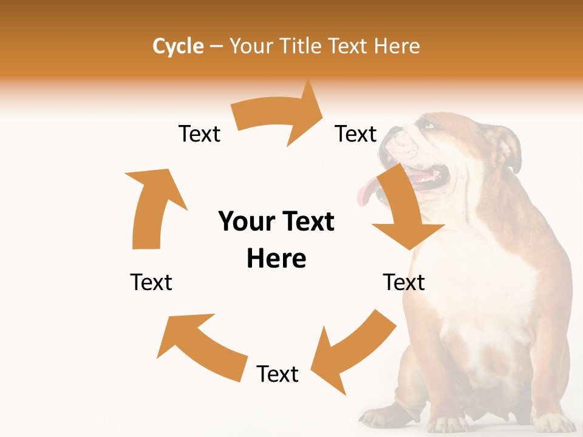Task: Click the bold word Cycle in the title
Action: (178, 46)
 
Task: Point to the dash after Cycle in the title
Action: (216, 47)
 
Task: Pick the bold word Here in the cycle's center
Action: (276, 259)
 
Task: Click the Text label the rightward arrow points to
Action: (356, 134)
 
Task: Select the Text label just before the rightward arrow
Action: (199, 134)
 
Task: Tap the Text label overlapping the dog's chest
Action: (404, 282)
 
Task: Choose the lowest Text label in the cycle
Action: (278, 374)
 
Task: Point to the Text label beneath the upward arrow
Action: (151, 282)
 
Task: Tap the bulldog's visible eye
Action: (429, 125)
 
